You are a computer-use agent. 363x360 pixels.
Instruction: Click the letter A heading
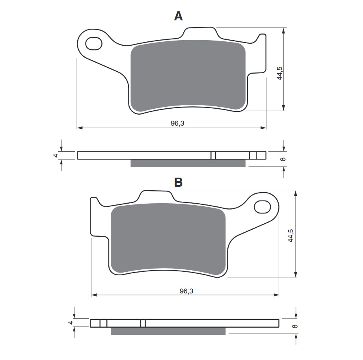pos(178,16)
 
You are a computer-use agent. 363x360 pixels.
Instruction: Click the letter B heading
pos(178,182)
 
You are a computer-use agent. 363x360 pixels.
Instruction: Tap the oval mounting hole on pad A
pos(94,43)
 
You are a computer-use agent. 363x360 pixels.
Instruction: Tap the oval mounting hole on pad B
pos(262,207)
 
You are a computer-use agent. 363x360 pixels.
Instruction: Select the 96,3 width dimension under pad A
pos(177,123)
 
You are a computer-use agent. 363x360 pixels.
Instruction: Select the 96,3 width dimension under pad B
pos(186,291)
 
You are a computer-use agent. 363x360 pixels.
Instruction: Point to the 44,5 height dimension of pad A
pos(280,73)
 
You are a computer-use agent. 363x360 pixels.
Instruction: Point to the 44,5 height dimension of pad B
pos(291,236)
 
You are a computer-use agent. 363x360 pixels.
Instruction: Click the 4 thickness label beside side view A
pos(56,156)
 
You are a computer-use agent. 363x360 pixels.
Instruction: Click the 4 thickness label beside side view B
pos(71,323)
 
